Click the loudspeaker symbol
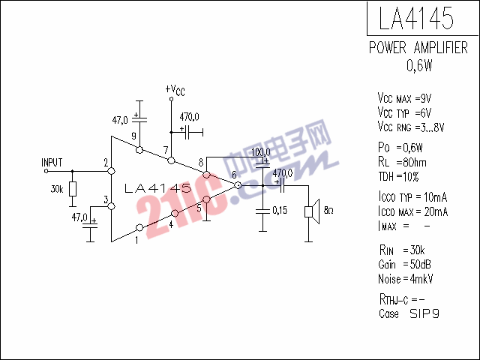[x=312, y=211]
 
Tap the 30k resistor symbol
[x=73, y=189]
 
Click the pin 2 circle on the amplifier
[x=112, y=171]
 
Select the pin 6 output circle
[x=238, y=185]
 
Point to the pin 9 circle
[x=139, y=150]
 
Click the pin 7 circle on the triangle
[x=172, y=160]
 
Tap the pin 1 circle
[x=139, y=227]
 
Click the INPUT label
[x=52, y=163]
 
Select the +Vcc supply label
[x=175, y=90]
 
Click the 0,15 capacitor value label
[x=280, y=210]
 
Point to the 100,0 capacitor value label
[x=261, y=152]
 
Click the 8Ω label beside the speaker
[x=328, y=210]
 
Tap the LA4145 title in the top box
[x=416, y=18]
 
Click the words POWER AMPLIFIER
[x=418, y=48]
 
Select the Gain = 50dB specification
[x=405, y=265]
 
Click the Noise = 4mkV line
[x=406, y=279]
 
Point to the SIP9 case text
[x=424, y=313]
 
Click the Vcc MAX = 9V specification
[x=404, y=98]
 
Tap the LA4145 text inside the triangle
[x=158, y=188]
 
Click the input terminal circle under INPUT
[x=46, y=171]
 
